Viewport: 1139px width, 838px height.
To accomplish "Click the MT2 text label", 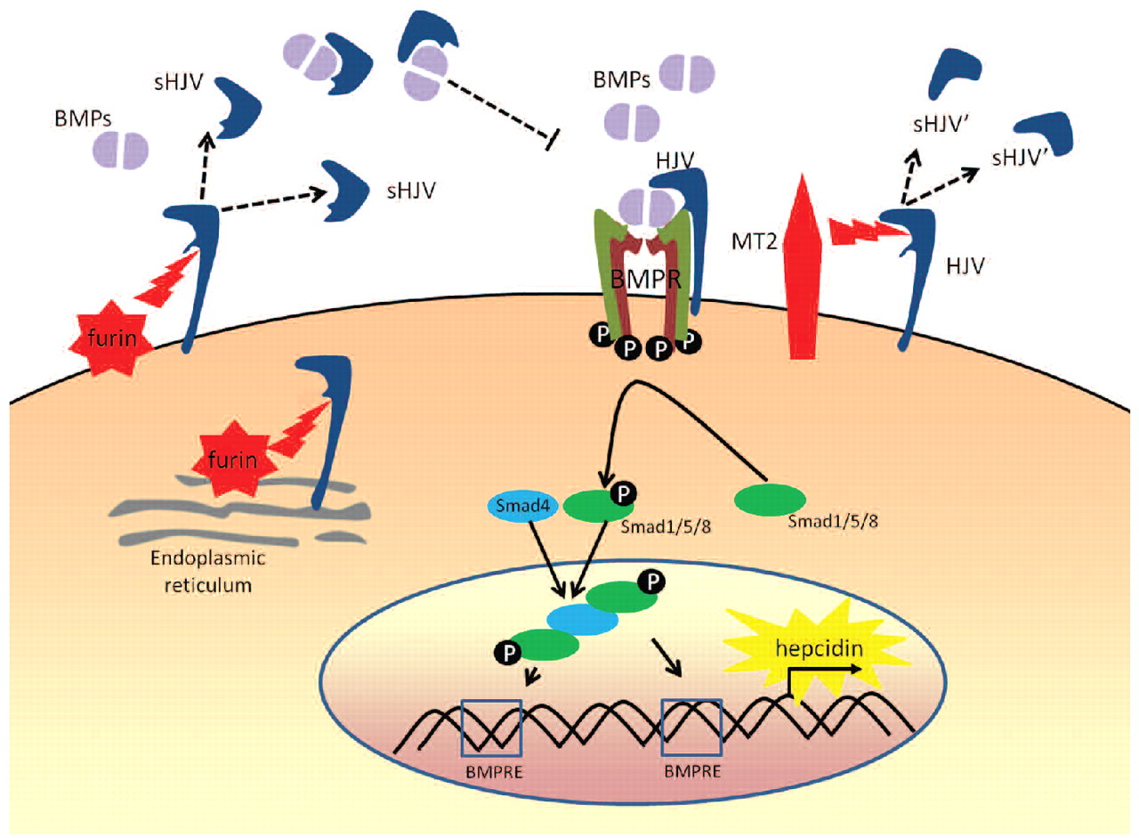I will pos(759,242).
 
